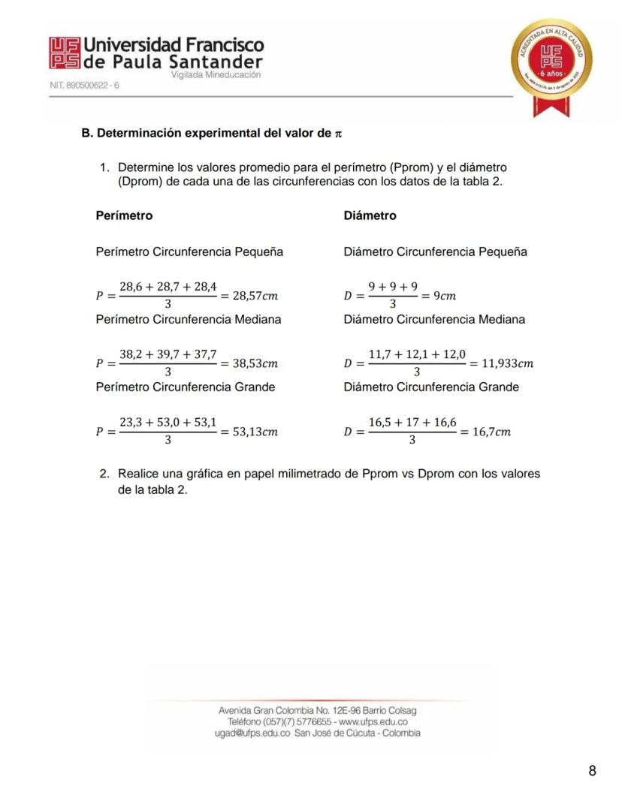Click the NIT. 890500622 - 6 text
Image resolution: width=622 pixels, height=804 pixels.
click(x=84, y=86)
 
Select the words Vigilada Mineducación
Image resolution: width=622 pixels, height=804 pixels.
click(x=216, y=75)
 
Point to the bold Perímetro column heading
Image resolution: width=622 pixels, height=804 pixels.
click(x=124, y=215)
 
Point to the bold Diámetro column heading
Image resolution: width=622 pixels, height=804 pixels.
click(x=370, y=215)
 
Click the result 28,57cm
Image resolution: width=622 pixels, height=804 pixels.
click(x=256, y=296)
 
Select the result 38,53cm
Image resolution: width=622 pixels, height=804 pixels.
click(x=256, y=363)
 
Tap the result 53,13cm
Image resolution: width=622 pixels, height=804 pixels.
click(x=256, y=432)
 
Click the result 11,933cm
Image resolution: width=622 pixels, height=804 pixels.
click(x=507, y=363)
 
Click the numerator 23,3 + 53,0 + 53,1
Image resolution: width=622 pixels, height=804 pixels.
click(x=168, y=423)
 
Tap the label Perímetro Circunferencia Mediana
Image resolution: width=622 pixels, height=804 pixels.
click(x=189, y=320)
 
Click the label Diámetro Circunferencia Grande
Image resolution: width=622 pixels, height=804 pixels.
click(x=430, y=387)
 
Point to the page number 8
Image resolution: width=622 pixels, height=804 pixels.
click(x=592, y=771)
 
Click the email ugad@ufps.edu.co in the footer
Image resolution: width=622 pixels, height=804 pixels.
click(x=252, y=733)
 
